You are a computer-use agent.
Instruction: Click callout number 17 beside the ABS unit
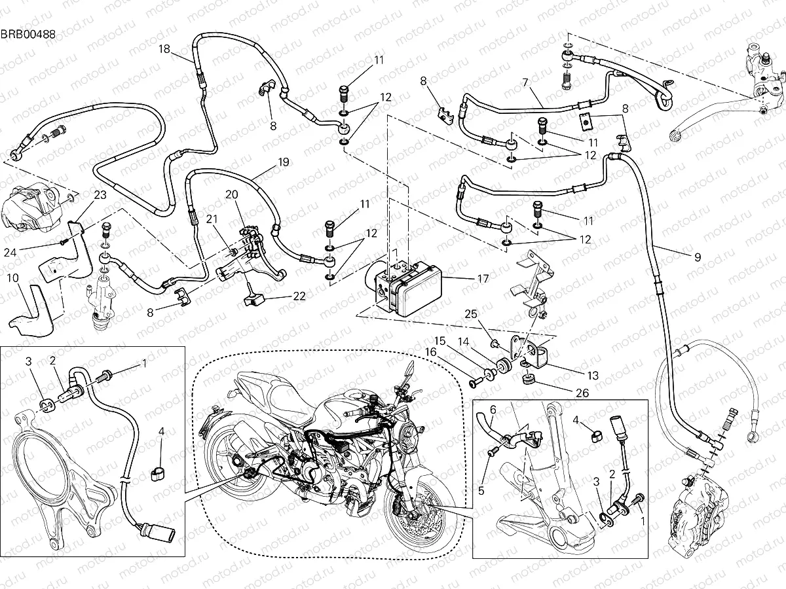click(483, 278)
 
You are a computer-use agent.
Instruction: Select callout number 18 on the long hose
click(164, 49)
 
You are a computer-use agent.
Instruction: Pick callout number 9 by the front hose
click(697, 258)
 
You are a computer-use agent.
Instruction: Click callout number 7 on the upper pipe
click(525, 82)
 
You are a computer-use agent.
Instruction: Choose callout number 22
click(299, 296)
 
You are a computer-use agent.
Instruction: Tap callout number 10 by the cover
click(12, 278)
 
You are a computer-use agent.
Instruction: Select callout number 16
click(431, 352)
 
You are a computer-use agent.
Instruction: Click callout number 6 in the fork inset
click(493, 409)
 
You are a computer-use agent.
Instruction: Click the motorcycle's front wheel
click(413, 517)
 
